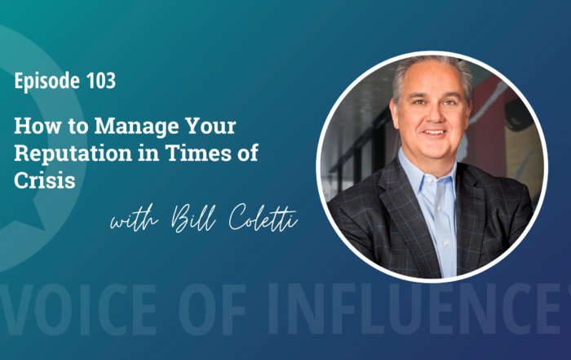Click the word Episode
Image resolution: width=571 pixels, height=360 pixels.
click(46, 81)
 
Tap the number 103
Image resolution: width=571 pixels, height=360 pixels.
click(101, 81)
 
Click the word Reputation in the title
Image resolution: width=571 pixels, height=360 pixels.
click(73, 153)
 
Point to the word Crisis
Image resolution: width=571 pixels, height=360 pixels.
click(45, 180)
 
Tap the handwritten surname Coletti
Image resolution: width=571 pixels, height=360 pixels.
click(263, 218)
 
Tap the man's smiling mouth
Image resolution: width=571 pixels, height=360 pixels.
click(434, 132)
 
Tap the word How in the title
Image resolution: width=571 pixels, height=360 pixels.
click(37, 126)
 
